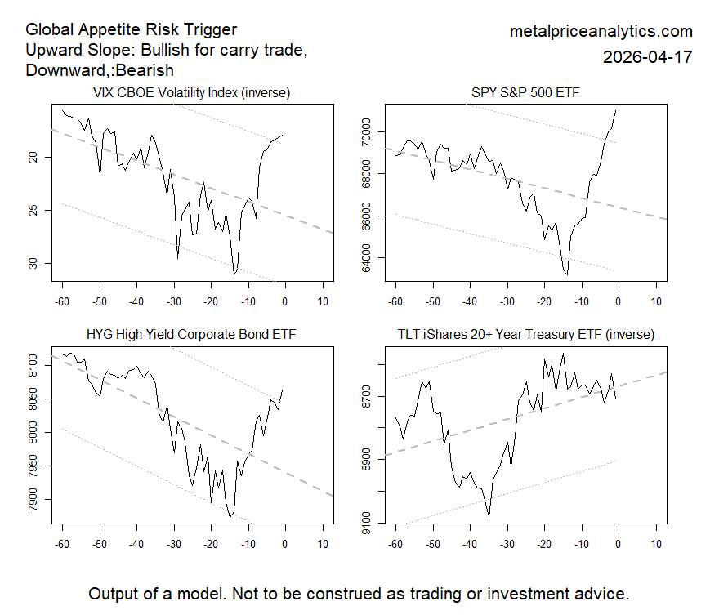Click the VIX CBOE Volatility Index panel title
tap(191, 93)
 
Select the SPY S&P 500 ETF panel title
tap(525, 93)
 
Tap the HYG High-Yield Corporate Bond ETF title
tap(191, 334)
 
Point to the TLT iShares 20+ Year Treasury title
tap(525, 334)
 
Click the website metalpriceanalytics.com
tap(601, 32)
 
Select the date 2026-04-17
tap(647, 57)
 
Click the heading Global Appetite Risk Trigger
tap(132, 30)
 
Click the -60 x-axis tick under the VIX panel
tap(62, 302)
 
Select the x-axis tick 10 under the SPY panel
tap(655, 302)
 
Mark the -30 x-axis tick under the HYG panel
tap(173, 543)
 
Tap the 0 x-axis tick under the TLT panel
tap(619, 543)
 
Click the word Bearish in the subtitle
tap(145, 71)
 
